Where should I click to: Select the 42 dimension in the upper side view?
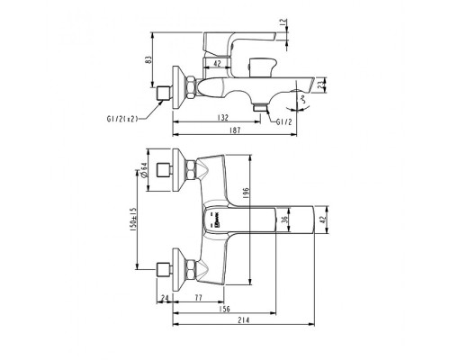219,62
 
